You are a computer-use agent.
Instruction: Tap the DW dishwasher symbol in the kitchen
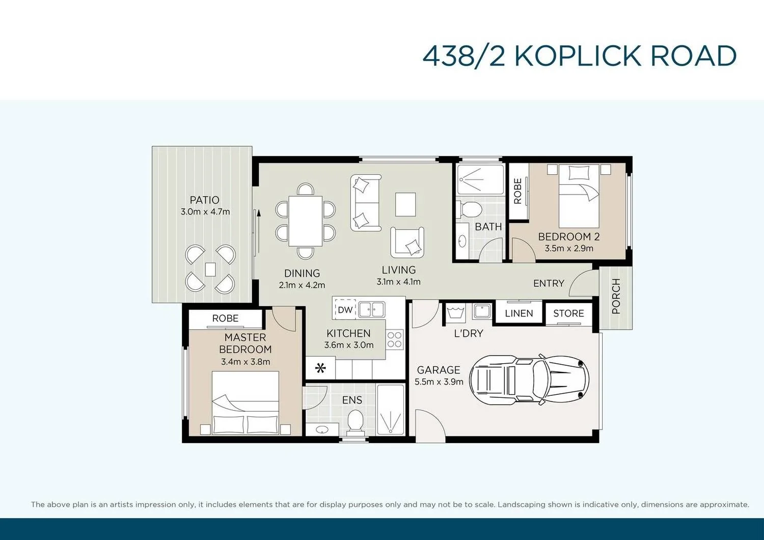tap(345, 310)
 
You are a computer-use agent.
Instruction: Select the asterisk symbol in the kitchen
tap(320, 368)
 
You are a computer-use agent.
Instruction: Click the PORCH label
tap(616, 296)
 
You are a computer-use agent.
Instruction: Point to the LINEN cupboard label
tap(519, 313)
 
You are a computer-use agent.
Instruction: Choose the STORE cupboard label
tap(568, 313)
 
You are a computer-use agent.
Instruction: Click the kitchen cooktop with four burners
tap(395, 339)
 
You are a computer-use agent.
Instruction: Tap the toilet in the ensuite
tap(354, 422)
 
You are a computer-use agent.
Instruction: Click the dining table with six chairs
tap(305, 221)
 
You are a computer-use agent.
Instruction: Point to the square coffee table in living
tap(405, 204)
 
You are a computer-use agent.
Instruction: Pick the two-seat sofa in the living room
tap(365, 203)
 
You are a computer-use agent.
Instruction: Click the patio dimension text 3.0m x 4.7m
tap(205, 212)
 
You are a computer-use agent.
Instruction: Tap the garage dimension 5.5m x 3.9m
tap(439, 382)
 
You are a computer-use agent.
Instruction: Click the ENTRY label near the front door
tap(549, 283)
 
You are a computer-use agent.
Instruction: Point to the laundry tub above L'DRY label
tap(454, 312)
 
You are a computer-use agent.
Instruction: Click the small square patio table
tap(210, 269)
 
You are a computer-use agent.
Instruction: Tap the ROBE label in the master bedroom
tap(225, 318)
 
